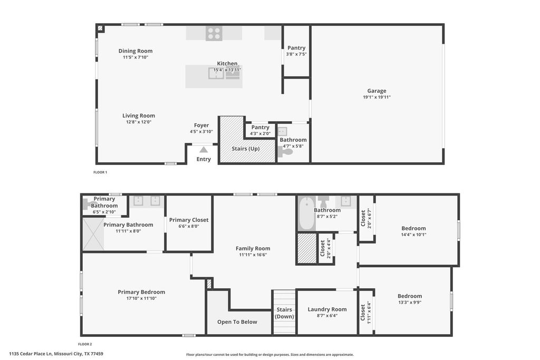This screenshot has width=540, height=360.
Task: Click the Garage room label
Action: [x=377, y=91]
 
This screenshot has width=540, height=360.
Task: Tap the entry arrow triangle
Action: [x=204, y=150]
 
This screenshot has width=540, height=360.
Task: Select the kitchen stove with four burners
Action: [x=214, y=33]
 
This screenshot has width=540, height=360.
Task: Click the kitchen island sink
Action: [x=216, y=73]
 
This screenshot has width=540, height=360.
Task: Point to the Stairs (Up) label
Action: [x=246, y=149]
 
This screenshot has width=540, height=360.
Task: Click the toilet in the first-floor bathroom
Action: [x=285, y=151]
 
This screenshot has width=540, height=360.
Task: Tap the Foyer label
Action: [x=201, y=125]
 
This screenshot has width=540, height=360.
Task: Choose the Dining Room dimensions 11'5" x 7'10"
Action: [x=136, y=57]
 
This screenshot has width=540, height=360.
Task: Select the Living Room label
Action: [x=139, y=115]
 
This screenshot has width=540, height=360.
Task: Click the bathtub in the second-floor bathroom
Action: [x=306, y=213]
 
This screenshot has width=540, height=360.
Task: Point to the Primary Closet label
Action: [x=189, y=220]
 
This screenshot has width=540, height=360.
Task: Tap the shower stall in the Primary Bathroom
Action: [x=93, y=235]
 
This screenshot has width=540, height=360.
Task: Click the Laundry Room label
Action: [x=327, y=309]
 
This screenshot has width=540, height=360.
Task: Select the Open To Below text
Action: [x=237, y=322]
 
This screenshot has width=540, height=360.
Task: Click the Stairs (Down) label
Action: [x=284, y=313]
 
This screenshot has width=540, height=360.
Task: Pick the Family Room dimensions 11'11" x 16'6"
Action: [x=253, y=255]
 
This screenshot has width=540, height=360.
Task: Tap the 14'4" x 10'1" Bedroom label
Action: [x=413, y=231]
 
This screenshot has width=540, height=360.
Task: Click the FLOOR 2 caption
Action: [x=85, y=344]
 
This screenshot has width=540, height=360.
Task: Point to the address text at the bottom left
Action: [x=56, y=354]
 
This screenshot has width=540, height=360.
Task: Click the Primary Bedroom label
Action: [x=141, y=292]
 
